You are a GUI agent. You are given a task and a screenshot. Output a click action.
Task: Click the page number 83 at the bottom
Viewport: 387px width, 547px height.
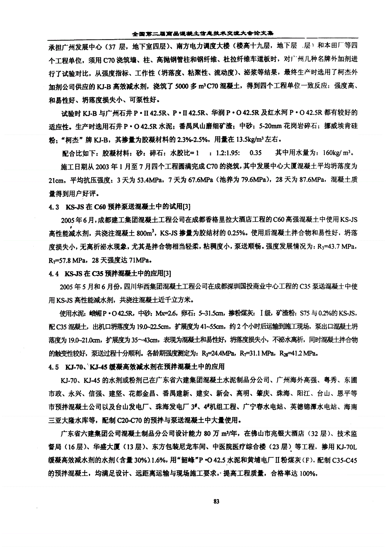[x=216, y=501]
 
